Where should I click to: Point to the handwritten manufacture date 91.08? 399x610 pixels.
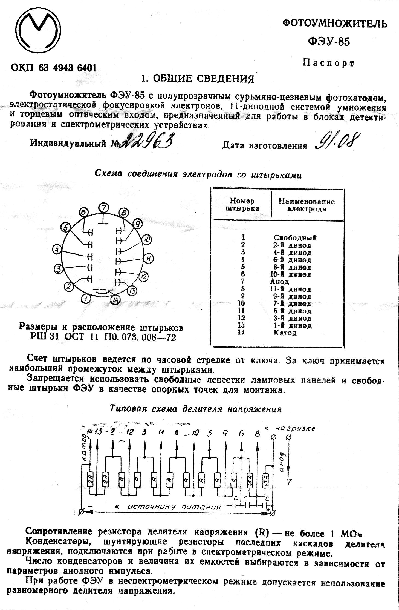pos(337,142)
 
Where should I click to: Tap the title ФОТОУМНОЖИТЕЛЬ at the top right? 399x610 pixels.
pos(334,24)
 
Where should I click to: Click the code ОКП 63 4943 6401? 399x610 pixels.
pos(54,67)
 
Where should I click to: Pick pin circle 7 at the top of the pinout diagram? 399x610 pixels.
pos(104,207)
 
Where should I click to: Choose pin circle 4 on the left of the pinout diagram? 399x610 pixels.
pos(57,250)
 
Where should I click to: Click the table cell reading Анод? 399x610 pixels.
pos(279,282)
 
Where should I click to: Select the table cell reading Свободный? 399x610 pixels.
pos(295,237)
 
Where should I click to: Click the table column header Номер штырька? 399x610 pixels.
pos(242,205)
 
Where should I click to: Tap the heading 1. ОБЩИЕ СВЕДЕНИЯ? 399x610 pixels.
pos(197,79)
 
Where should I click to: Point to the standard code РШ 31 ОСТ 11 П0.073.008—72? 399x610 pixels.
pos(103,337)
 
